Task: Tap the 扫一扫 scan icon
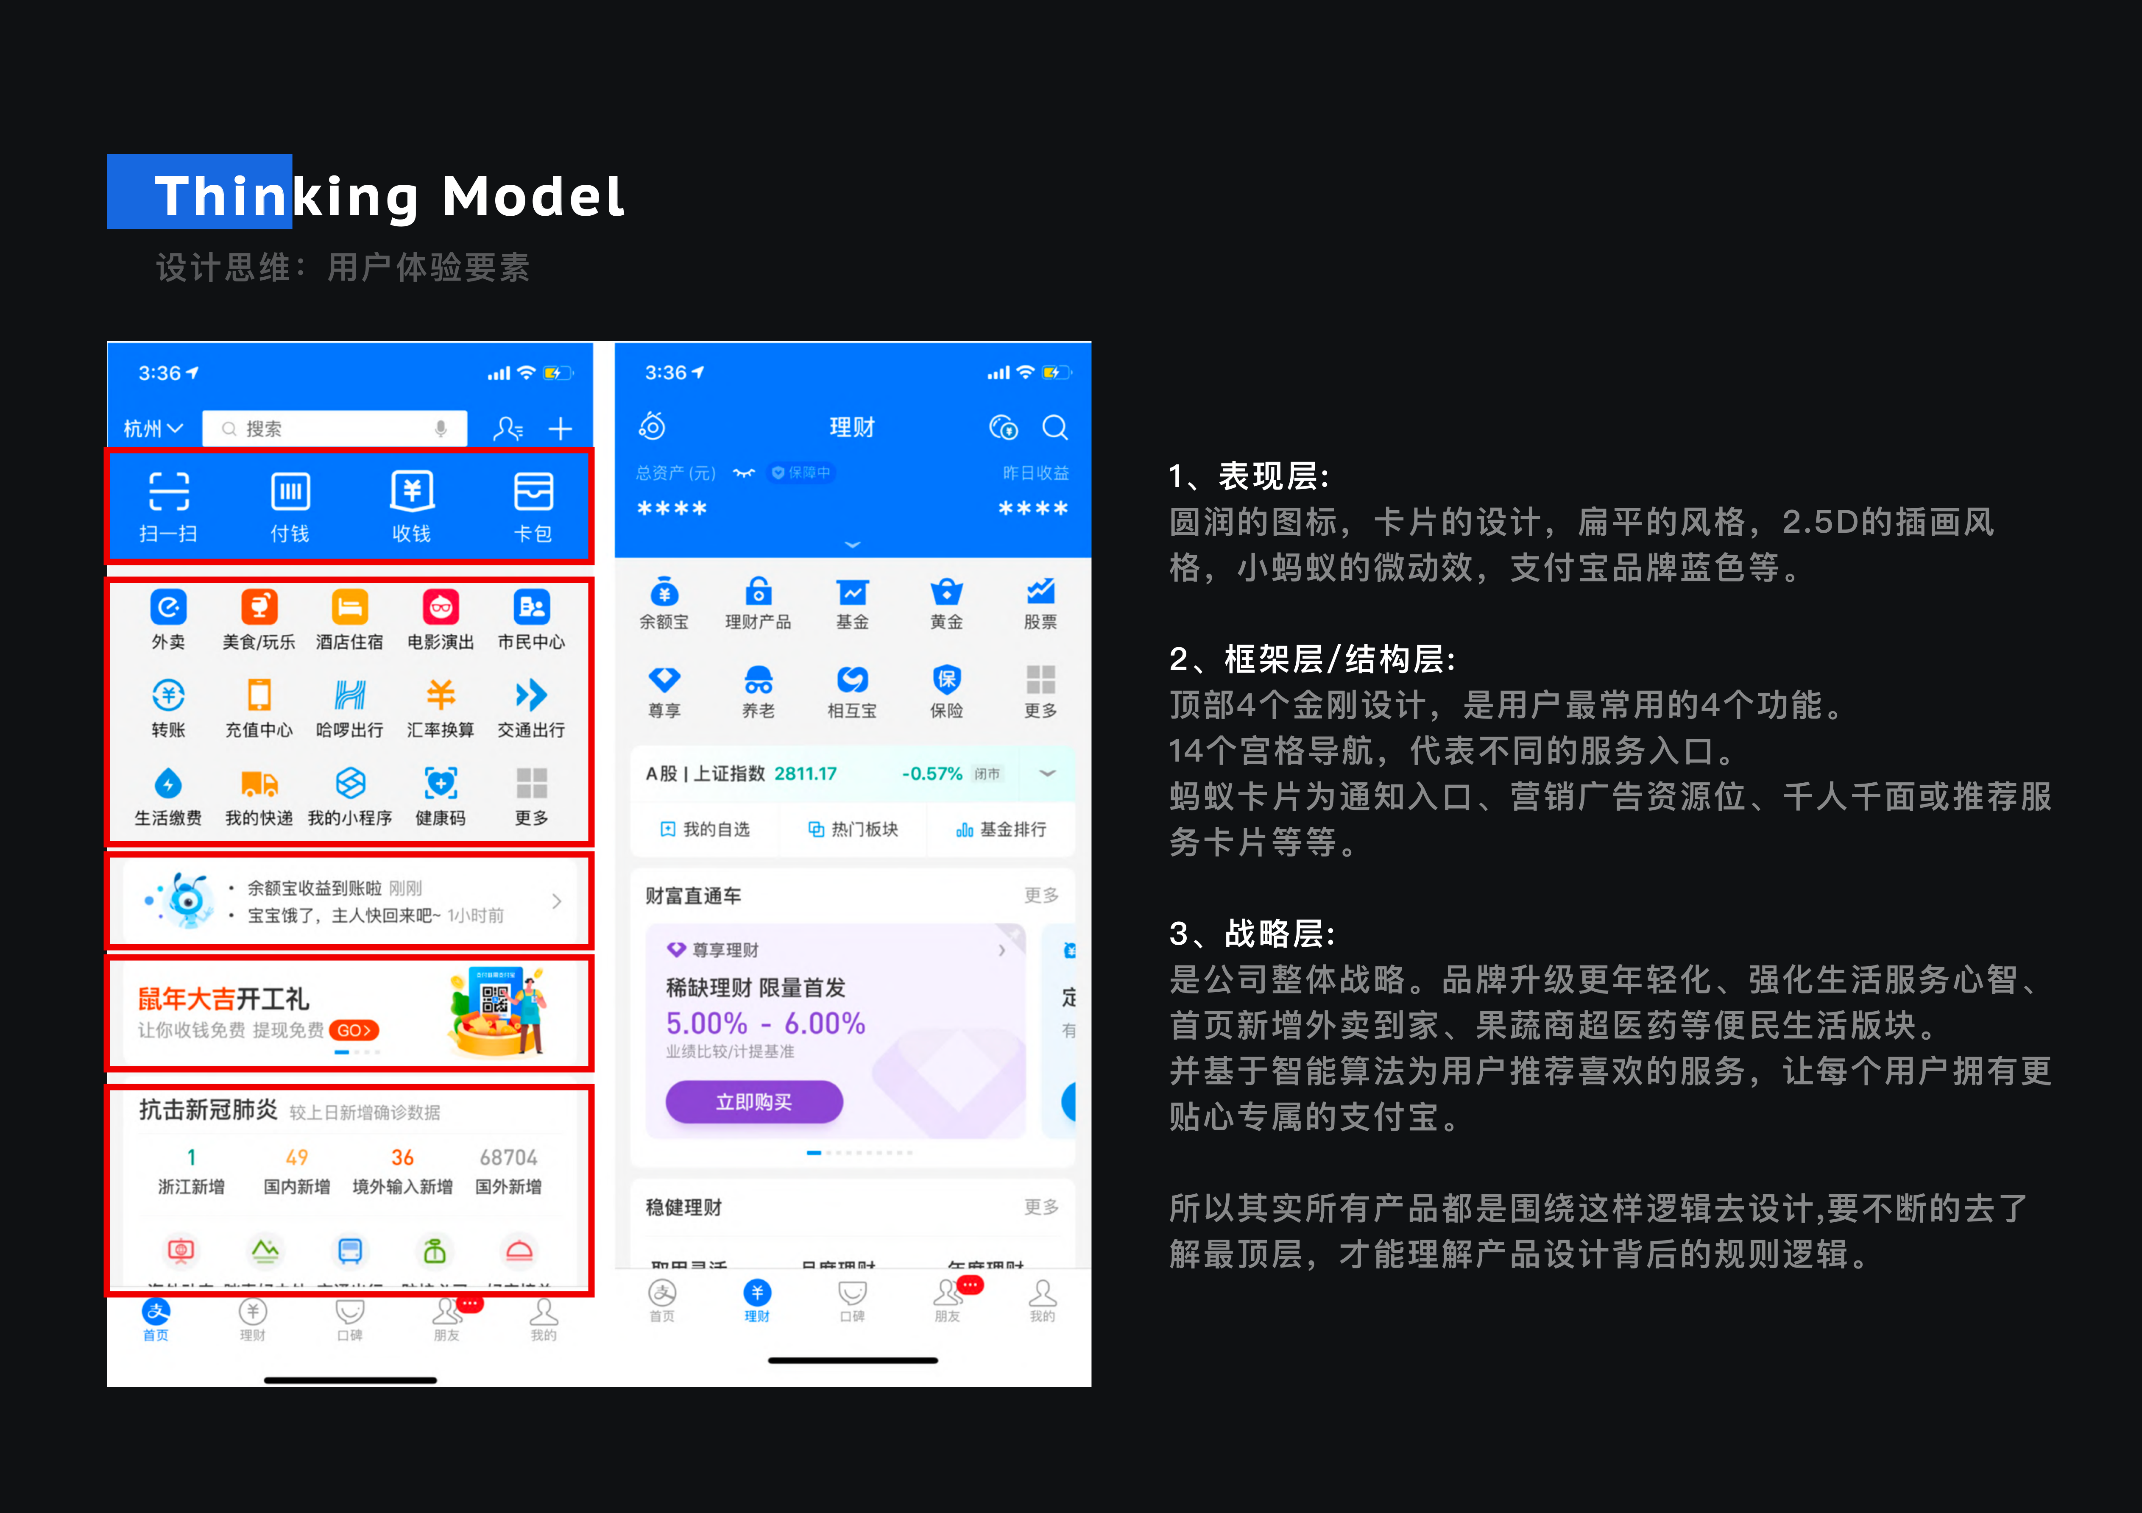coord(169,492)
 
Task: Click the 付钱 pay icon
coord(290,492)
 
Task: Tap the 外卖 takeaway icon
coord(169,607)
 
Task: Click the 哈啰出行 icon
coord(350,695)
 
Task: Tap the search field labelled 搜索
coord(334,428)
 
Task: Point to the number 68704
coord(508,1157)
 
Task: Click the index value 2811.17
coord(805,773)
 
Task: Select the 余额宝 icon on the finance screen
coord(664,592)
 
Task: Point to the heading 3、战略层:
coord(1252,933)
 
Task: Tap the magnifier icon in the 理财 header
coord(1055,427)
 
